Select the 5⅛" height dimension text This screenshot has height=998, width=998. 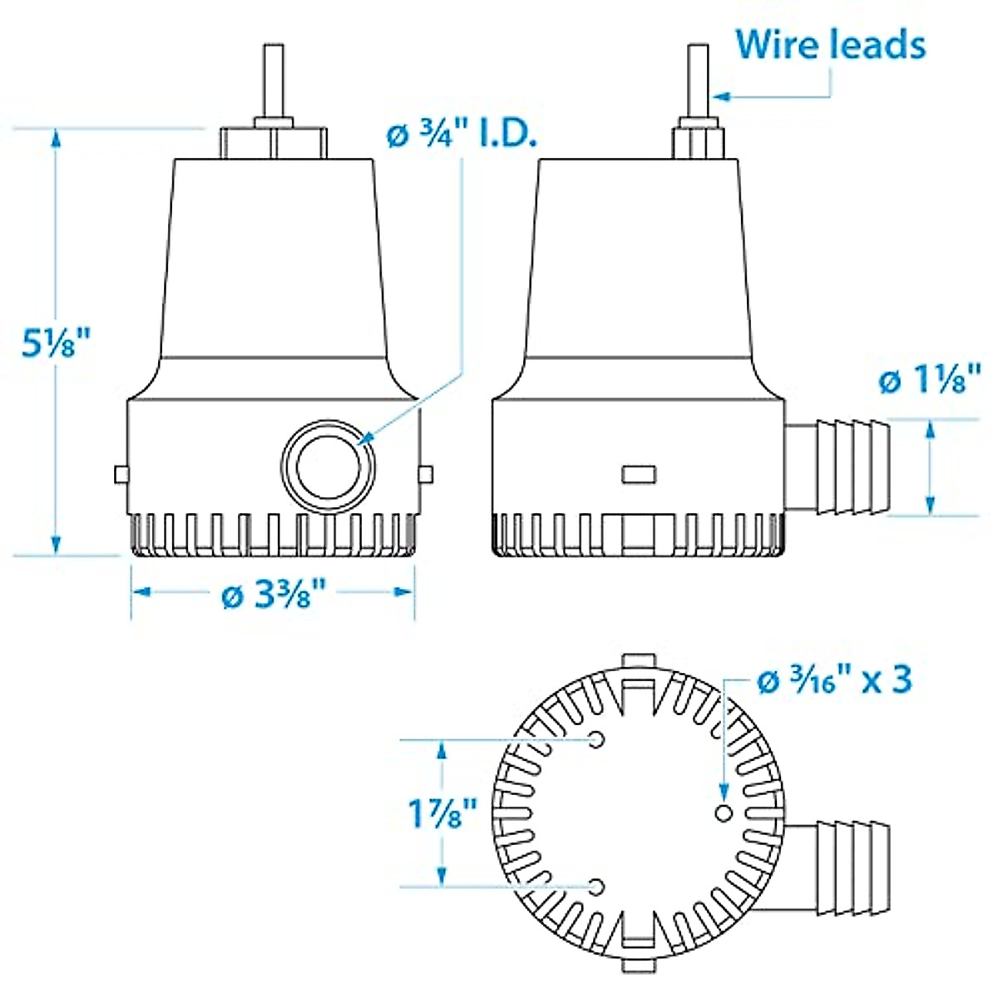[56, 342]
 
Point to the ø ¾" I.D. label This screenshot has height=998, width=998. [462, 135]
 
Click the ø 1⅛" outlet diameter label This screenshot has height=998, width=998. [931, 381]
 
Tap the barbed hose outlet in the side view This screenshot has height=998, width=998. [840, 466]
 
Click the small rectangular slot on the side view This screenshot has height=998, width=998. [639, 475]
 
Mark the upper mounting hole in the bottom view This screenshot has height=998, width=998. [595, 739]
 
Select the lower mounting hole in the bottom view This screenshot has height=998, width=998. [595, 887]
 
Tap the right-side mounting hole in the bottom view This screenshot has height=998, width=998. [723, 812]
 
